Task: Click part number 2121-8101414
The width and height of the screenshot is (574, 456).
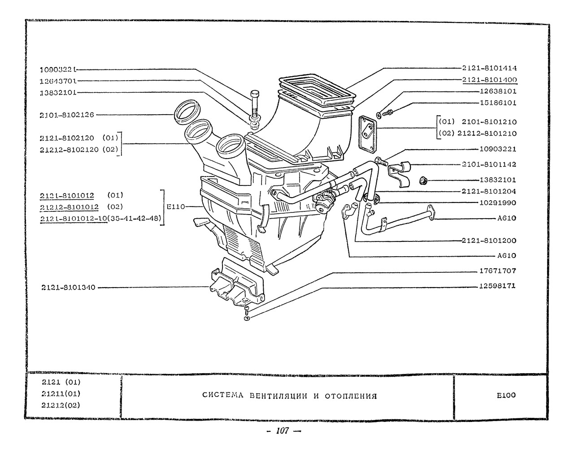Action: pos(489,69)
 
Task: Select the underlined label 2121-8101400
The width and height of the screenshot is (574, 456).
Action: pos(489,80)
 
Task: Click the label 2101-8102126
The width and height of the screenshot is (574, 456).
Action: pos(67,115)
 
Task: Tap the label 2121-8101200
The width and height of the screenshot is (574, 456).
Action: pos(489,241)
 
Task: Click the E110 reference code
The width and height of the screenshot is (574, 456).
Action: pos(174,207)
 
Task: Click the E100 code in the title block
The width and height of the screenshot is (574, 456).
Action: pos(506,395)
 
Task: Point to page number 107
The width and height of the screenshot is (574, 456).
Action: pos(283,431)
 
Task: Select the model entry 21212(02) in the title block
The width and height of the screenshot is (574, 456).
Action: pos(61,405)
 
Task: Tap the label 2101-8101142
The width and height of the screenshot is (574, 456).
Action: pos(489,164)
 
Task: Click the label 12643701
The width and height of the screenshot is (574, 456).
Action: pos(58,81)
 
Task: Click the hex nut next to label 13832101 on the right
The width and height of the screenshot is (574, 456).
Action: pos(423,181)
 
